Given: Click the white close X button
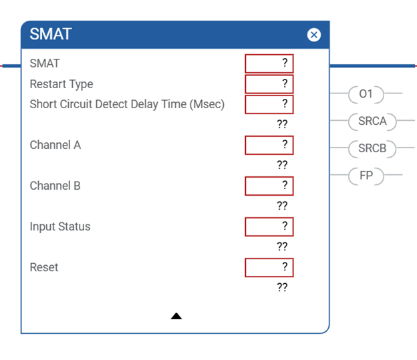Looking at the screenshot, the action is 314,35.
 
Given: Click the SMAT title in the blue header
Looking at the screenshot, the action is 51,34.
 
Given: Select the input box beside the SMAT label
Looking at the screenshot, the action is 269,63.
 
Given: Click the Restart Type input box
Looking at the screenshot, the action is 269,84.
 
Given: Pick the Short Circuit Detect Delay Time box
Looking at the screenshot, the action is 269,104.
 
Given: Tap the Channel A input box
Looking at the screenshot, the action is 269,145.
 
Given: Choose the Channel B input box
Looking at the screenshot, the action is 269,186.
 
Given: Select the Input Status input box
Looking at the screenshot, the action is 269,227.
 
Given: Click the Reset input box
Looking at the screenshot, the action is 269,267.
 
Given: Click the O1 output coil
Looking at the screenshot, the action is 366,94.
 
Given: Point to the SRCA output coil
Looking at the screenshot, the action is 372,122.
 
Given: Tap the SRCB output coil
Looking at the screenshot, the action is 372,148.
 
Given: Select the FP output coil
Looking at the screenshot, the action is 366,176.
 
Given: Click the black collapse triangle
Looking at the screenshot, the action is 176,316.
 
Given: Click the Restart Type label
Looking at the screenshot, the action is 61,84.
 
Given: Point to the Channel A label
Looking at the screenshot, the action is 55,145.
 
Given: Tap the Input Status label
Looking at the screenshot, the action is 60,227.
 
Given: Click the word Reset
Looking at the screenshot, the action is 44,267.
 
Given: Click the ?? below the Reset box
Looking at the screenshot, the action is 282,287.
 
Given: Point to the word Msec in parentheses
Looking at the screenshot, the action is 207,104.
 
